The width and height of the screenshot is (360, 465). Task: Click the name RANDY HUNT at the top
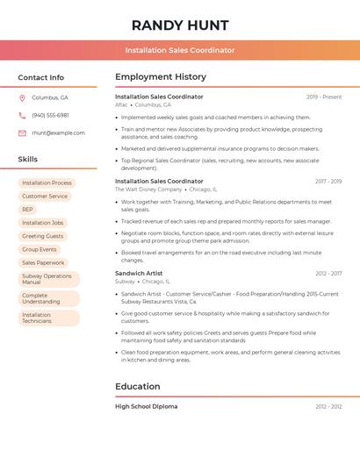pos(180,25)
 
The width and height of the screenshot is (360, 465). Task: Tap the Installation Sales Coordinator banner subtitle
pos(180,50)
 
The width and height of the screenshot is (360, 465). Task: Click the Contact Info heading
pos(40,77)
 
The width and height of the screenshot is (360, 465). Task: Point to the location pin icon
pos(22,98)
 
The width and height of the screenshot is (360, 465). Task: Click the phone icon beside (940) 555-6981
pos(22,115)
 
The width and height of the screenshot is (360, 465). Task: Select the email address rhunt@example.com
pos(58,132)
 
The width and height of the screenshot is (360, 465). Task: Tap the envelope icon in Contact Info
pos(22,132)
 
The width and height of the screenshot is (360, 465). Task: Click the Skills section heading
pos(28,159)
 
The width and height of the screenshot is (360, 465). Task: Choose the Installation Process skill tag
pos(47,182)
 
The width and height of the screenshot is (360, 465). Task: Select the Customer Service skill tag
pos(45,196)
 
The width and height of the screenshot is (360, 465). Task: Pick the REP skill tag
pos(27,209)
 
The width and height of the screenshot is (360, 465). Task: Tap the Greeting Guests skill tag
pos(42,236)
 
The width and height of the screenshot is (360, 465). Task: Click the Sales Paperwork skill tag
pos(43,262)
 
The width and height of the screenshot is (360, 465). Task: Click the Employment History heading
pos(161,77)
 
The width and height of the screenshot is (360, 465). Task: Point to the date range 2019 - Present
pos(324,97)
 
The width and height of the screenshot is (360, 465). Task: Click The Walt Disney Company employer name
pos(148,189)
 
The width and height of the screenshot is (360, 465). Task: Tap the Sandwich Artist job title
pos(139,273)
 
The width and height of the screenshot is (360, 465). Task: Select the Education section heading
pos(138,386)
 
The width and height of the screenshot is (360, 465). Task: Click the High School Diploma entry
pos(146,406)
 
